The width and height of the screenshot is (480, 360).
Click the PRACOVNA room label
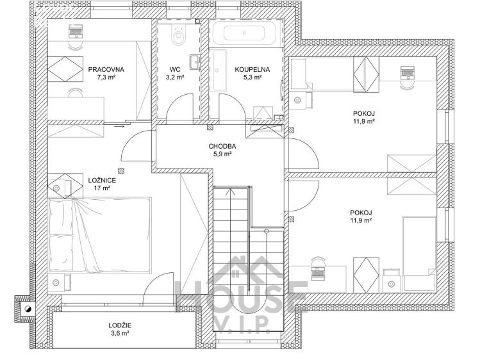click(106, 69)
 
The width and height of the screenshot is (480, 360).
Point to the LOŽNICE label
click(101, 181)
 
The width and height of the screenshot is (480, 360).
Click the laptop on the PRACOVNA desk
click(76, 29)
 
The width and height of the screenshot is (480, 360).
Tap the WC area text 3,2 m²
click(175, 78)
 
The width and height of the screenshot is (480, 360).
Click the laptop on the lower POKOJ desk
click(318, 270)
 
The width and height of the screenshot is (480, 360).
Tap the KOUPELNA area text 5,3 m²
click(252, 78)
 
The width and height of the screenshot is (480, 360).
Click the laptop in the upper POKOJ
click(406, 72)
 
